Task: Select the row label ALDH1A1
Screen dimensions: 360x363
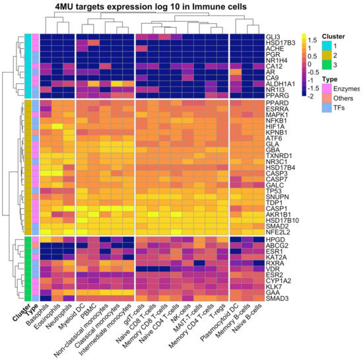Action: [x=273, y=83]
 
